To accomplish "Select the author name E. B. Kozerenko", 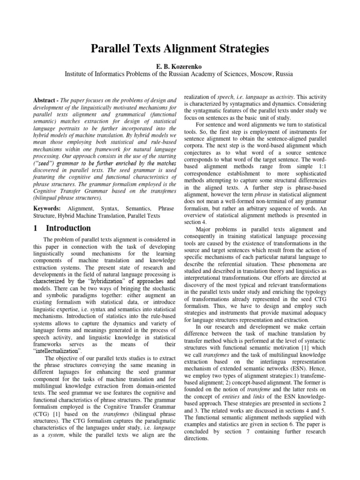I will pyautogui.click(x=180, y=67).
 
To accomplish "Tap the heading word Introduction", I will pyautogui.click(x=69, y=228).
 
